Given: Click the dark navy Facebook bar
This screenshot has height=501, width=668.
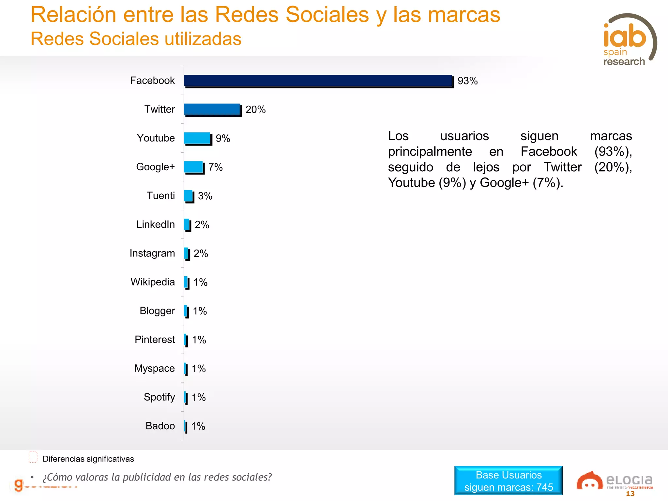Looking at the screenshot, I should click(318, 81).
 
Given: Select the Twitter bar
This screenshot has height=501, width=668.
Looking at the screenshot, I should click(212, 109).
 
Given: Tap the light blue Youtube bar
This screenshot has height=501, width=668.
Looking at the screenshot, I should click(197, 138).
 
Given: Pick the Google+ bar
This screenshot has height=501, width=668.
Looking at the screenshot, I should click(193, 167).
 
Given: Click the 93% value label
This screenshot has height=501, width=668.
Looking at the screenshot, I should click(467, 81).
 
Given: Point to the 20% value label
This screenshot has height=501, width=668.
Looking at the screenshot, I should click(255, 110).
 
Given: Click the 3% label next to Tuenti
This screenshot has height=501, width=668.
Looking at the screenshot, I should click(205, 196).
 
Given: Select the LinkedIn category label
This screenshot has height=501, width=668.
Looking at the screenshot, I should click(155, 224).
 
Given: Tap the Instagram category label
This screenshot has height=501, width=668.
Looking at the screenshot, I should click(152, 253).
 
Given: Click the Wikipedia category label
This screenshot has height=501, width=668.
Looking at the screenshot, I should click(153, 282).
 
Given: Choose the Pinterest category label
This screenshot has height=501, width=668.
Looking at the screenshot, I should click(155, 340).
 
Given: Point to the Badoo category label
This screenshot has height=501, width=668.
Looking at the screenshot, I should click(160, 426).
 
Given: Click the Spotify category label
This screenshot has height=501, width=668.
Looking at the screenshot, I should click(159, 397).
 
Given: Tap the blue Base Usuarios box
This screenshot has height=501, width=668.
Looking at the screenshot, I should click(508, 480).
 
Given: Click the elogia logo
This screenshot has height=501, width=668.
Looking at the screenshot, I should click(614, 480).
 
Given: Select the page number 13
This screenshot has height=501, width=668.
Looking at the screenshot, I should click(630, 494).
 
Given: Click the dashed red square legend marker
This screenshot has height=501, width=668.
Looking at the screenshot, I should click(33, 457).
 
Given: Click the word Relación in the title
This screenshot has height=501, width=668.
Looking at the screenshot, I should click(73, 15).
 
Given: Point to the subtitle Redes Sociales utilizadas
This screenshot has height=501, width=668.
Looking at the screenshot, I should click(136, 39).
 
